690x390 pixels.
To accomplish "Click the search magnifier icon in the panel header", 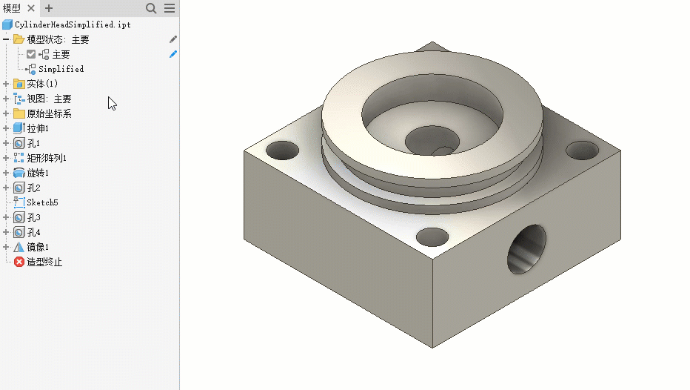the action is click(x=151, y=8).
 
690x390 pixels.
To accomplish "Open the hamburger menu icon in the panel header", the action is click(x=170, y=8).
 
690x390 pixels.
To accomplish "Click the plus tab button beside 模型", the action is click(x=49, y=8).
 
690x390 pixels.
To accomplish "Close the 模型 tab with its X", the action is click(x=31, y=8).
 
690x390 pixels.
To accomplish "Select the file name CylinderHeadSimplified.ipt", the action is click(x=73, y=24).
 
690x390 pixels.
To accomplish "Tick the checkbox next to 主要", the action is click(x=31, y=54).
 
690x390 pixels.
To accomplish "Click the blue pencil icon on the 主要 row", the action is click(x=173, y=54).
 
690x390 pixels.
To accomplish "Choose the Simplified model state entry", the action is click(x=61, y=69).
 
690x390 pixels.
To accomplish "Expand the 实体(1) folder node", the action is click(x=6, y=84).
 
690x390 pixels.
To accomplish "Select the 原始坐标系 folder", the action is click(x=49, y=113).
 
